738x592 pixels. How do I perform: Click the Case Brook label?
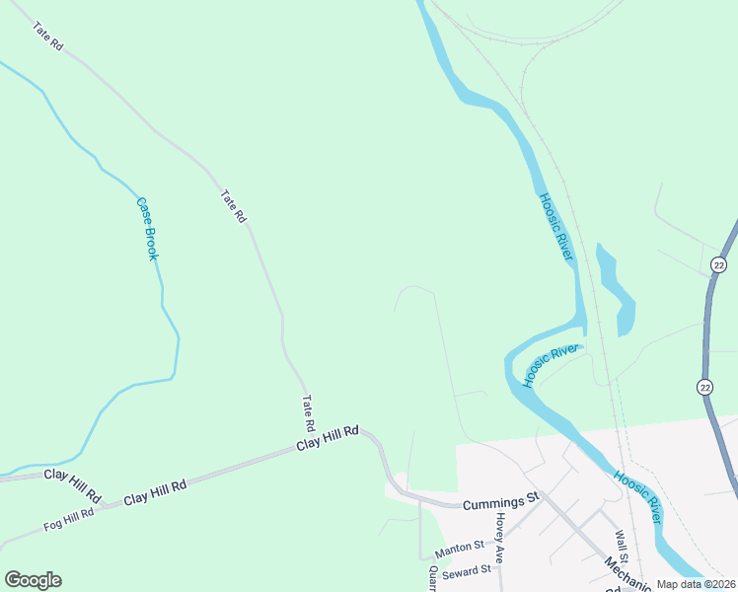[147, 229]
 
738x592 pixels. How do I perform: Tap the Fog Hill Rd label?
[68, 519]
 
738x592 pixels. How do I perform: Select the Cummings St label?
[502, 500]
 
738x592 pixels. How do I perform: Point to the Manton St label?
[460, 545]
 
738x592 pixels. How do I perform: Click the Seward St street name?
[467, 571]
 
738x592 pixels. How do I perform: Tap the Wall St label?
[621, 545]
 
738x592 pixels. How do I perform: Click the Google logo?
[33, 580]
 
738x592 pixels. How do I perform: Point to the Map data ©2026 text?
[697, 584]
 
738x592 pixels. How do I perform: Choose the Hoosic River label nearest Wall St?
[636, 496]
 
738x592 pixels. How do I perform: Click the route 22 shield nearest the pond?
[718, 264]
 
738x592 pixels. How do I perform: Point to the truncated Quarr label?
[432, 578]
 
